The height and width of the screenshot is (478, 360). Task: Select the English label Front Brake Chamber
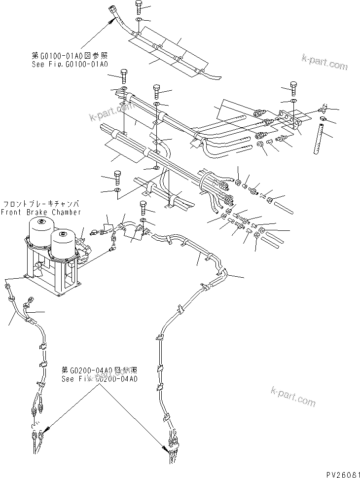(x=41, y=212)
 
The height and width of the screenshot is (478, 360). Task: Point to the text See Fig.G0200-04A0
(x=99, y=379)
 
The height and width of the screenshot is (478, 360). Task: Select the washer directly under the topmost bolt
(x=140, y=20)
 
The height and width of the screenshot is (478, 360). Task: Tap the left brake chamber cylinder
(x=39, y=231)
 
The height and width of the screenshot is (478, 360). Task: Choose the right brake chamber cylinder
(x=63, y=245)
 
